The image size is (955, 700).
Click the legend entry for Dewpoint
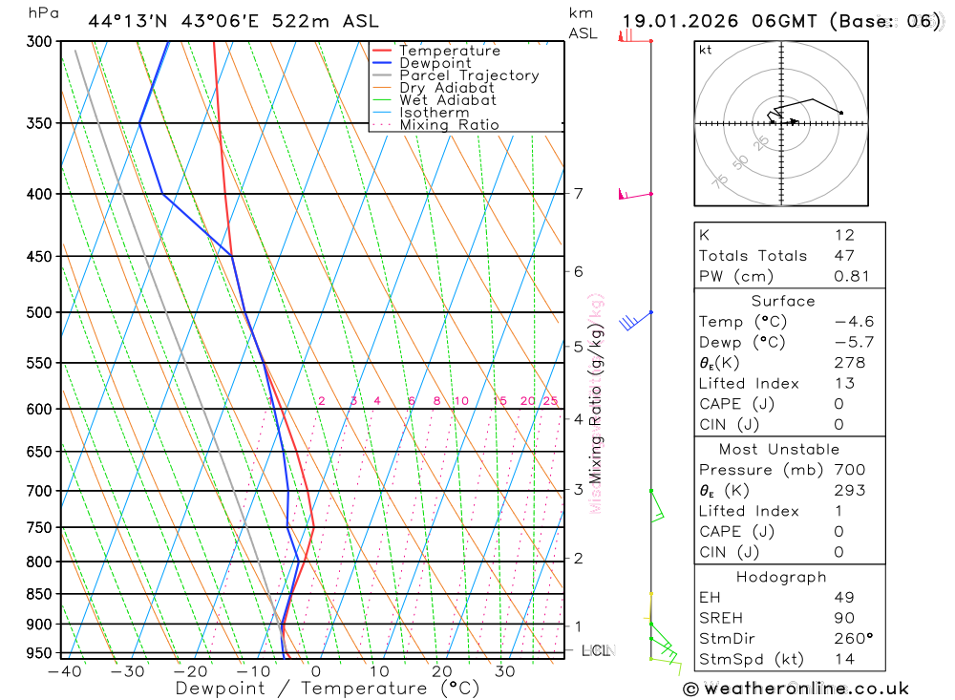(435, 63)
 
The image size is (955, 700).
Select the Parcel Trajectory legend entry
(468, 75)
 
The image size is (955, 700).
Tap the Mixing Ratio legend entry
(449, 125)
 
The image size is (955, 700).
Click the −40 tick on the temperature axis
(64, 671)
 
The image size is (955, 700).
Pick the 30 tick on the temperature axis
(505, 671)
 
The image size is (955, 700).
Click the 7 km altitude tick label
(578, 194)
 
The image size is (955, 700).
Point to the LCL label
(597, 650)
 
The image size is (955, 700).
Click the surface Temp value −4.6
(854, 322)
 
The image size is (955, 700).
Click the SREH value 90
(844, 618)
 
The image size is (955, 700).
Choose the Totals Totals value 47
(844, 256)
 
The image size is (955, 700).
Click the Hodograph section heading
(782, 577)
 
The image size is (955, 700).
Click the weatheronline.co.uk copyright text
(796, 689)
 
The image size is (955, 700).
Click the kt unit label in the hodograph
(705, 50)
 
